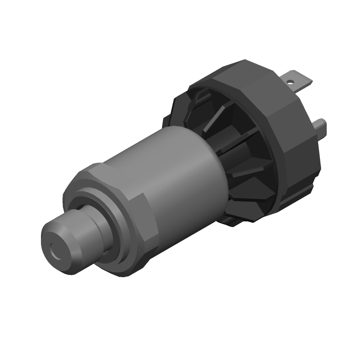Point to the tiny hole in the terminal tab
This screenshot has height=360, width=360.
[291, 82]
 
